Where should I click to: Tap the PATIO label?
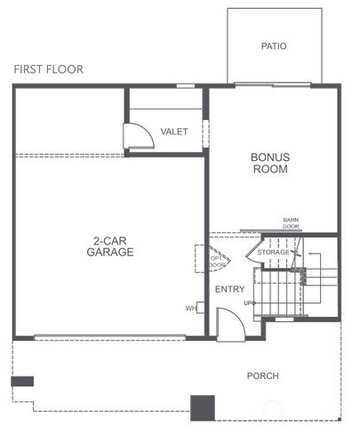[274, 46]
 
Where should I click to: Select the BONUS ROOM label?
[270, 163]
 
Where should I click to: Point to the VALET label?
[173, 132]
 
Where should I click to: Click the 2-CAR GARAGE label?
[110, 246]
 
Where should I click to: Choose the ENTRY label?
[229, 288]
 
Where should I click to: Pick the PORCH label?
[262, 375]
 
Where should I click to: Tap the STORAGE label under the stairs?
[274, 254]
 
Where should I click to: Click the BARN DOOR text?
[291, 223]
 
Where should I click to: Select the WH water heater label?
[190, 309]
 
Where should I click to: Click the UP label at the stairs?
[250, 303]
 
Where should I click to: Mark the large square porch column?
[204, 407]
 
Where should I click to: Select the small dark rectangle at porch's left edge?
[22, 381]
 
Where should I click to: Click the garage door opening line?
[110, 337]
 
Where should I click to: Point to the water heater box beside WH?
[201, 308]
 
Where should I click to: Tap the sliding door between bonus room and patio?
[272, 85]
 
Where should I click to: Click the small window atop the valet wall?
[186, 85]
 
